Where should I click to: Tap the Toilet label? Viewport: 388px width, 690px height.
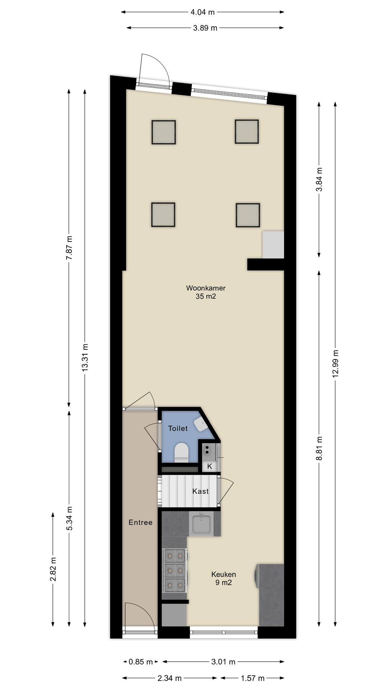click(178, 428)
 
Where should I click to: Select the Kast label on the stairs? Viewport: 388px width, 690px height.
click(200, 491)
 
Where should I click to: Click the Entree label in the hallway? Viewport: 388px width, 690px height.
click(140, 523)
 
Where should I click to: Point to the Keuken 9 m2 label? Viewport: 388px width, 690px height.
click(223, 579)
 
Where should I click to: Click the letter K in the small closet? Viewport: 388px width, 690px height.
click(209, 466)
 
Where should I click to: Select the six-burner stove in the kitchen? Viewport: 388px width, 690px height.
click(175, 571)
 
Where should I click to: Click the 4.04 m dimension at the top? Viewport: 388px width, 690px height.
click(202, 12)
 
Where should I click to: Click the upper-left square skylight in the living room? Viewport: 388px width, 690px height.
click(163, 132)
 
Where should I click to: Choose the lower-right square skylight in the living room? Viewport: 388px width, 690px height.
click(248, 215)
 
